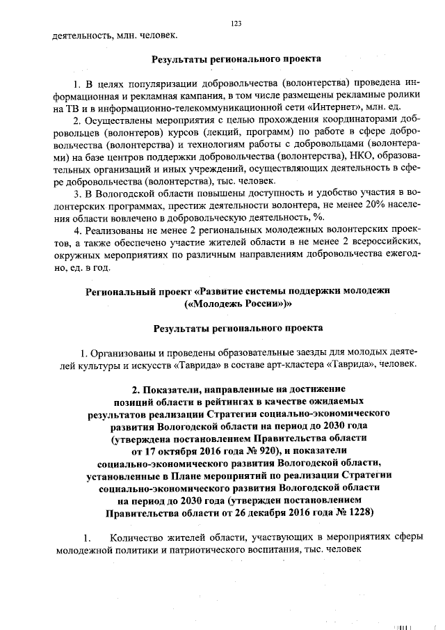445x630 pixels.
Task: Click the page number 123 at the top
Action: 236,23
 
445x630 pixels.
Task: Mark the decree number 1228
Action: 357,514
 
